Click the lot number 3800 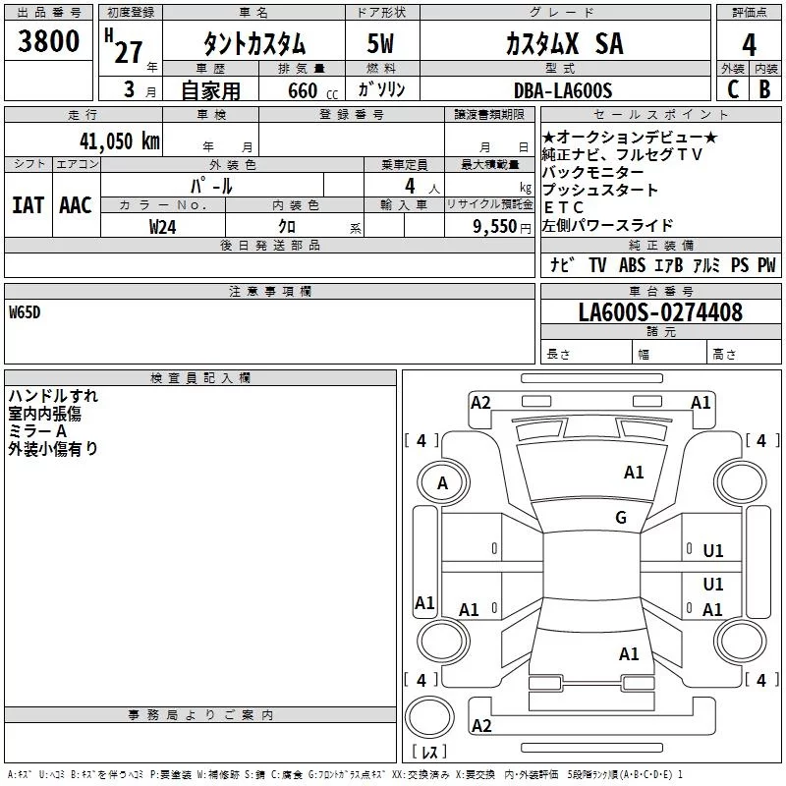click(48, 41)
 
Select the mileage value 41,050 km click(120, 141)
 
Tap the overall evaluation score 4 click(749, 45)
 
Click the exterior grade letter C click(733, 89)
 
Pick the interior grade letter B click(764, 89)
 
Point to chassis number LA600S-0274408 click(660, 312)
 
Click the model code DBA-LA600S click(563, 90)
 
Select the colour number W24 click(162, 227)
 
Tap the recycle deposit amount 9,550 click(495, 227)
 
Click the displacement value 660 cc click(312, 90)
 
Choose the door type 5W click(380, 43)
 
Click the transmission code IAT click(28, 205)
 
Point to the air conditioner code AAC click(76, 205)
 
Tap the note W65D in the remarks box click(25, 312)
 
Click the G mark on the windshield click(621, 518)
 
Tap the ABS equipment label click(632, 264)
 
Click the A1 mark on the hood click(634, 473)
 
